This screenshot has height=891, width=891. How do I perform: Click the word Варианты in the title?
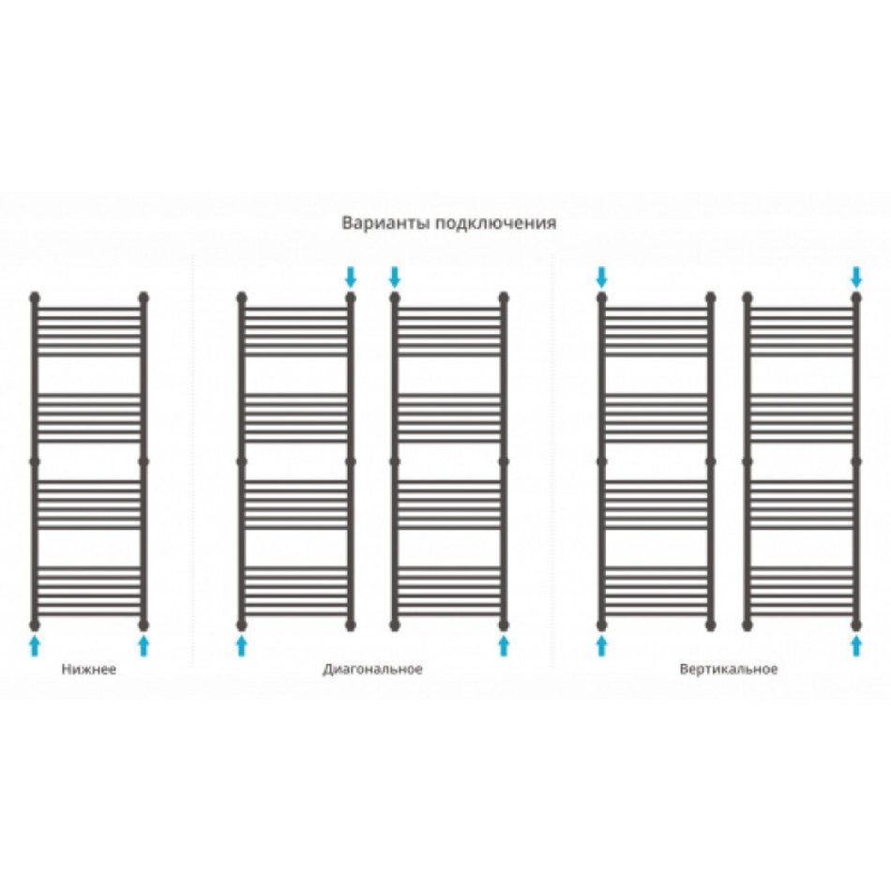[x=385, y=222]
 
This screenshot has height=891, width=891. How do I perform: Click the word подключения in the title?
[x=496, y=223]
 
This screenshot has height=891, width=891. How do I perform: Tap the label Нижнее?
[x=89, y=669]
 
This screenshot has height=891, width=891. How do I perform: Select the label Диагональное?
[x=372, y=670]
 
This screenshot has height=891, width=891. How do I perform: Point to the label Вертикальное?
[x=729, y=670]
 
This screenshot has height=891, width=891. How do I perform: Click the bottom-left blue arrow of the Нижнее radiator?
[x=35, y=646]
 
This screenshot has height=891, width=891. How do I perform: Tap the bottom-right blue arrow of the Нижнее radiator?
[x=143, y=646]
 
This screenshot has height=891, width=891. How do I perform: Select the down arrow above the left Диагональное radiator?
[x=351, y=278]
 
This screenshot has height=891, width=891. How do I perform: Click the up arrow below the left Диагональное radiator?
[x=241, y=646]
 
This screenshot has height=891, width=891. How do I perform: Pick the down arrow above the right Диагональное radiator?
[x=394, y=278]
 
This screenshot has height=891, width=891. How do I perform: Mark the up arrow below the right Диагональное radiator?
[x=504, y=646]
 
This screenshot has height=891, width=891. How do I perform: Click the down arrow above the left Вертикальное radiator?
[x=602, y=278]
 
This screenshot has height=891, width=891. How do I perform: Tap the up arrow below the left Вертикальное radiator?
[x=602, y=646]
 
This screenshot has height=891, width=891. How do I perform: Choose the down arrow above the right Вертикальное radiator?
[x=856, y=278]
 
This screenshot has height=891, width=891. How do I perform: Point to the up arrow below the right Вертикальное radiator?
[x=856, y=646]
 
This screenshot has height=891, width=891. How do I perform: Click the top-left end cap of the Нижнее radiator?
[x=35, y=297]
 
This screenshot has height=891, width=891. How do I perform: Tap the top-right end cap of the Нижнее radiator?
[x=143, y=297]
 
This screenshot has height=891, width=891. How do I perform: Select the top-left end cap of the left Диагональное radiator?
[x=241, y=297]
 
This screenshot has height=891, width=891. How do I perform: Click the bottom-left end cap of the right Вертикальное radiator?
[x=748, y=625]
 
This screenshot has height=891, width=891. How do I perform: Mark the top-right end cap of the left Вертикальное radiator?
[x=710, y=297]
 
